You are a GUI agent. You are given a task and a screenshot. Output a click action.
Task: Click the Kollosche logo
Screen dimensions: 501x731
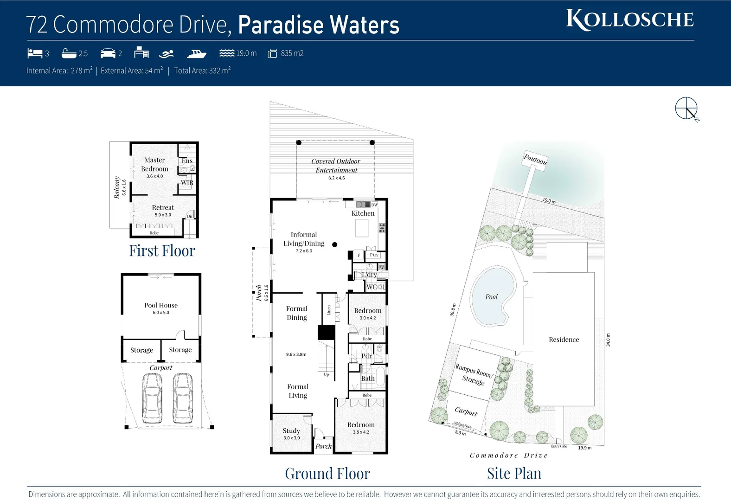[x=629, y=20]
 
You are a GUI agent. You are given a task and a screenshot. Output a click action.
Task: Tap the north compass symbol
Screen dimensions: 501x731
[x=686, y=109]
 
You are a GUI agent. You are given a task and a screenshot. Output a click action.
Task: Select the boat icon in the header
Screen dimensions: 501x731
[x=196, y=54]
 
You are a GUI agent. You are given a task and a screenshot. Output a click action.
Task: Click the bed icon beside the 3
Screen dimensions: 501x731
[x=35, y=53]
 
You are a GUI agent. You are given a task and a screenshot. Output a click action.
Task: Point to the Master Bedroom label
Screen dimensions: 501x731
[x=154, y=165]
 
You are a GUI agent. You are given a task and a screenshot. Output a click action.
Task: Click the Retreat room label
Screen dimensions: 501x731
[x=163, y=208]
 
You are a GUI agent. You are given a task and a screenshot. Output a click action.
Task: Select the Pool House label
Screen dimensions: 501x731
[x=161, y=305]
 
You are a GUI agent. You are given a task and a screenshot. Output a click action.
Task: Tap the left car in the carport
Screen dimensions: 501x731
[x=152, y=398]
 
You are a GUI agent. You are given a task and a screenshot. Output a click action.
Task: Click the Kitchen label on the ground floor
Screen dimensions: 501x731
[x=363, y=213]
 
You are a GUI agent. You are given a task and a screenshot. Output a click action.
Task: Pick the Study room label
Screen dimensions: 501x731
[x=291, y=431]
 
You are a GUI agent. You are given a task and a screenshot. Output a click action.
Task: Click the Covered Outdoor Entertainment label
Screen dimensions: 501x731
[x=336, y=166]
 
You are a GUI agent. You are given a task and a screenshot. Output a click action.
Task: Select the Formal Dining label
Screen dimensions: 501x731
[x=297, y=313]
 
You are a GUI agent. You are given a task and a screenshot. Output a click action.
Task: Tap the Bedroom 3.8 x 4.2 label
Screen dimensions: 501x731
[x=361, y=425]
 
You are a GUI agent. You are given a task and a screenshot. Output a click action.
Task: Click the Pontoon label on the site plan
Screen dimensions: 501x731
[x=535, y=159]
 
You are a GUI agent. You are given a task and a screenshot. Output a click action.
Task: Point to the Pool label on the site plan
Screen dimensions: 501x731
[x=491, y=297]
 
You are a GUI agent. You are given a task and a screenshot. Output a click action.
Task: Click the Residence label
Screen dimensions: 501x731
[x=564, y=340]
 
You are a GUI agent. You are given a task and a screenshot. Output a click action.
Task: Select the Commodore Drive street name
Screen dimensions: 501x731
[x=508, y=456]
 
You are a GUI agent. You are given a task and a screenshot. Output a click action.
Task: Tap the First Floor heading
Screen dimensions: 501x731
[x=162, y=251]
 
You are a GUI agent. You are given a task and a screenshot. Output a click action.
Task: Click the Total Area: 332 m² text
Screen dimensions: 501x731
[x=202, y=71]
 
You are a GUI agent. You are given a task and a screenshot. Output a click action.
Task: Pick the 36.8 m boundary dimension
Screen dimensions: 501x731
[x=453, y=309]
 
